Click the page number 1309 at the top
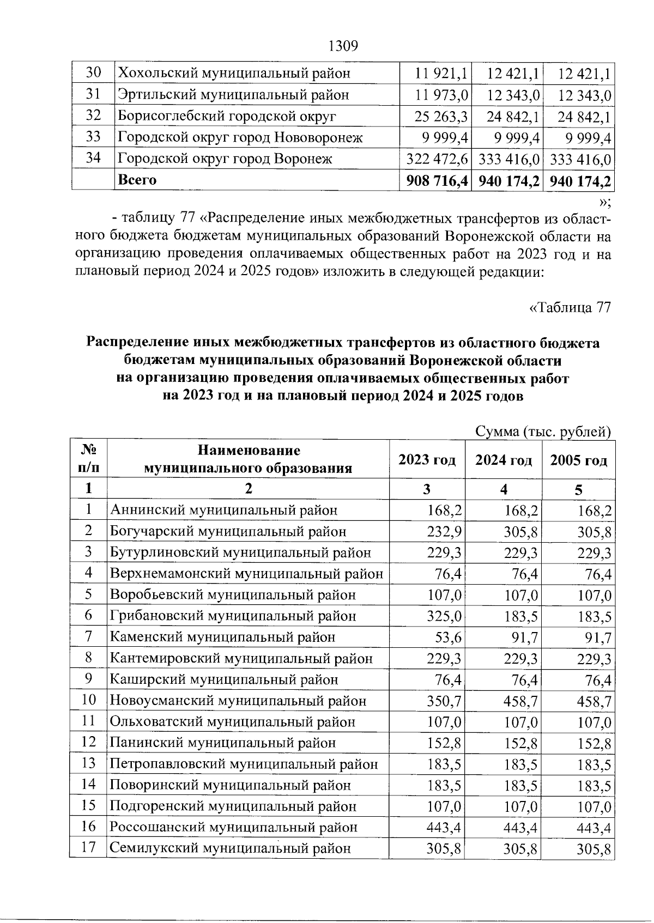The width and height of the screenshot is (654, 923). [x=343, y=46]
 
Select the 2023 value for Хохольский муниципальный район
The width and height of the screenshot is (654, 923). [x=443, y=73]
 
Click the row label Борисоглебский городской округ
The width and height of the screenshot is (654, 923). [x=227, y=116]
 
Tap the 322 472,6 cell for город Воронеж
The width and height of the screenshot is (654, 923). [x=437, y=159]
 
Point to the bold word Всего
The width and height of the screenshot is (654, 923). [x=137, y=180]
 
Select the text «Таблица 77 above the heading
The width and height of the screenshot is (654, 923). [x=570, y=307]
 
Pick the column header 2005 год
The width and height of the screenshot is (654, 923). [x=578, y=460]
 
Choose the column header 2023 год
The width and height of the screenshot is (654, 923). [x=427, y=460]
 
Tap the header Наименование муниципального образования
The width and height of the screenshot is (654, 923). [x=248, y=459]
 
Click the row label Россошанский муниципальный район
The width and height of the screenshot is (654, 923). [x=234, y=828]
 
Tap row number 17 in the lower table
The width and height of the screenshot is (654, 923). [x=88, y=848]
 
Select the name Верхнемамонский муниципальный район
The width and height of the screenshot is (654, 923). [x=246, y=574]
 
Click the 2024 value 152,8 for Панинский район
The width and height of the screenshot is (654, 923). [x=520, y=743]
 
